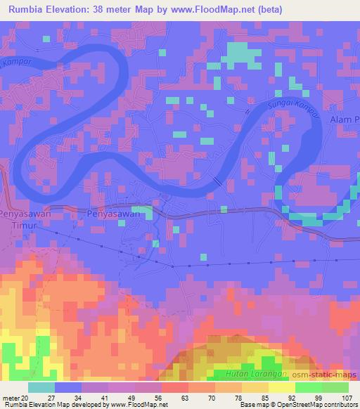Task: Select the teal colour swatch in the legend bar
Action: click(x=41, y=387)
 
